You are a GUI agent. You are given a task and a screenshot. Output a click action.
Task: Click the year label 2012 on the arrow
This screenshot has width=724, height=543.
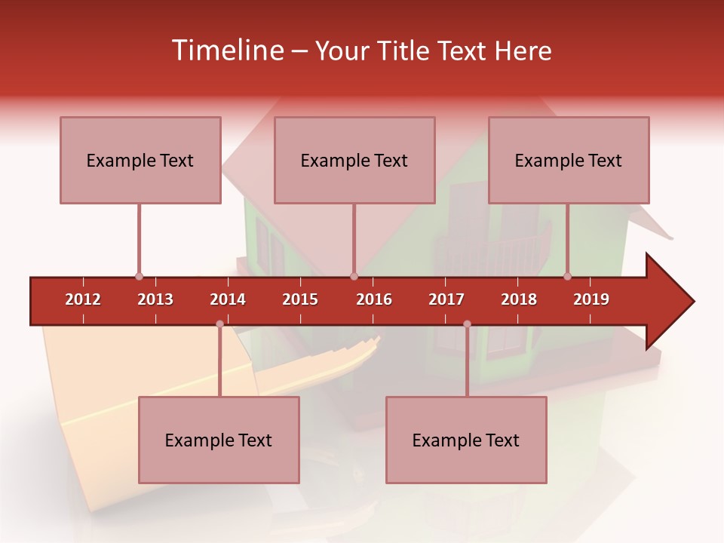pos(83,299)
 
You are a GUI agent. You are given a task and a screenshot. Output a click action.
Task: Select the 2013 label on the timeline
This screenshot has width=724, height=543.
pos(155,299)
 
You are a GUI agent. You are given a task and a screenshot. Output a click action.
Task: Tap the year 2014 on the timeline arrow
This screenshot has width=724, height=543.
pos(228,299)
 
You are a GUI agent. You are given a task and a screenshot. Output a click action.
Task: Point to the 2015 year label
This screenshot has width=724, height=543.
pos(300,299)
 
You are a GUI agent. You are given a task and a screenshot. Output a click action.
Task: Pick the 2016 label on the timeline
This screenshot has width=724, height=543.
pos(374,299)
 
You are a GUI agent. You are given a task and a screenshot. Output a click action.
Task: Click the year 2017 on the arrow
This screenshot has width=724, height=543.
pos(446,299)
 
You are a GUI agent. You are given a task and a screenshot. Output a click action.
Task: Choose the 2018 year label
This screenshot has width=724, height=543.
pos(519,299)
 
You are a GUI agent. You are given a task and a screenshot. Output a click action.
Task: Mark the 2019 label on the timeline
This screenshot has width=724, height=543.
pos(591,299)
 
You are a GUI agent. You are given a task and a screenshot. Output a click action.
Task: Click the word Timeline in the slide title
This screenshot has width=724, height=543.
pos(225,51)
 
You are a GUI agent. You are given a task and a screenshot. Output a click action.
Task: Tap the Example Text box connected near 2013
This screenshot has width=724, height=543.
pos(140,160)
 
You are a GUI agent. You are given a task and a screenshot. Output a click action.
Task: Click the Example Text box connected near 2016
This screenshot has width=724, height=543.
pos(354,160)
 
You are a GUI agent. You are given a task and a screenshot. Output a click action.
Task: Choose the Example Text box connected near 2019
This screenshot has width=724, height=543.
pos(569,160)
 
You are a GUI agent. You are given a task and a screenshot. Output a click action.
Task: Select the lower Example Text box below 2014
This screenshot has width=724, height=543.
pos(219,440)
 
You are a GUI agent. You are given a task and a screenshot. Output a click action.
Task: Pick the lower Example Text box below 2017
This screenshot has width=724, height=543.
pos(466,440)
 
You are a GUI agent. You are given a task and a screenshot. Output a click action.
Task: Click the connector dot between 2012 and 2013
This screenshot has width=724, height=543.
pos(139,277)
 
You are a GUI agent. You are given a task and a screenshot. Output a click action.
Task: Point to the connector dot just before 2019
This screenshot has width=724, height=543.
pos(568,277)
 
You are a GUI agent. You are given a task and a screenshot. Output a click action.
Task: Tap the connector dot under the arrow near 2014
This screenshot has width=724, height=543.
pos(219,324)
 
